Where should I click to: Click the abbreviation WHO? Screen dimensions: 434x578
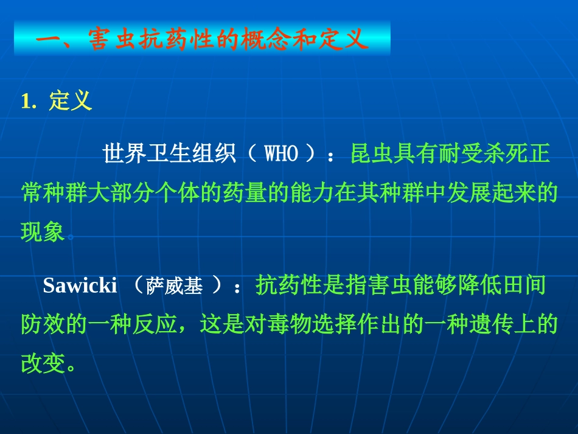point(282,155)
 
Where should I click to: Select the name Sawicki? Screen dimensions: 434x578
point(80,286)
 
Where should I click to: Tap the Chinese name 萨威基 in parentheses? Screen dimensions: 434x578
point(175,287)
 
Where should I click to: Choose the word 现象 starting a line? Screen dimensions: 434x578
point(43,232)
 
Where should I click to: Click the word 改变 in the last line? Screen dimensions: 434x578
point(43,364)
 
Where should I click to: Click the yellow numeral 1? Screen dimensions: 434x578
point(26,102)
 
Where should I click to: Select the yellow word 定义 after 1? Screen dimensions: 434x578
point(71,101)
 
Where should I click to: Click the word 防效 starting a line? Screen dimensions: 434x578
point(43,325)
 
